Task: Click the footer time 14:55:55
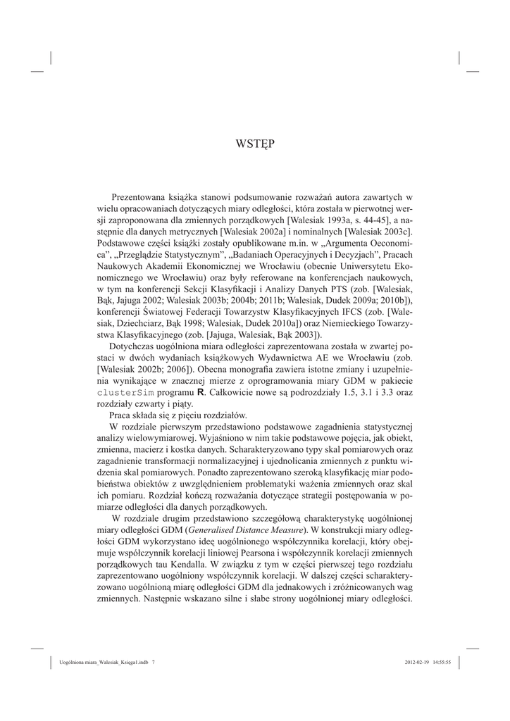pyautogui.click(x=447, y=662)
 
